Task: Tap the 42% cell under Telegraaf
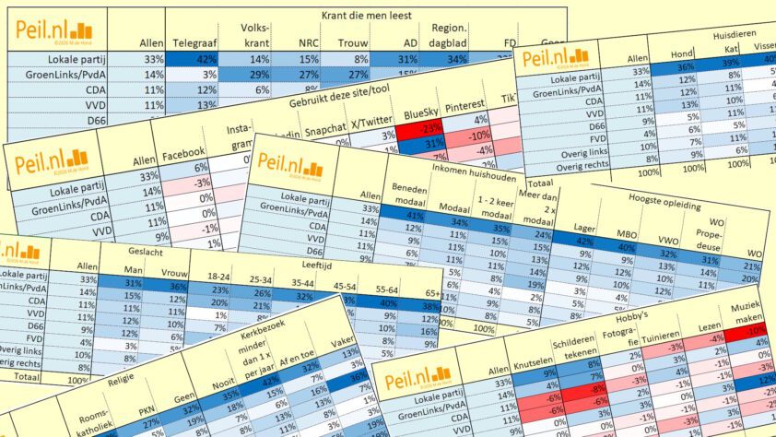click(x=194, y=59)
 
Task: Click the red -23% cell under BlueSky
click(x=422, y=128)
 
